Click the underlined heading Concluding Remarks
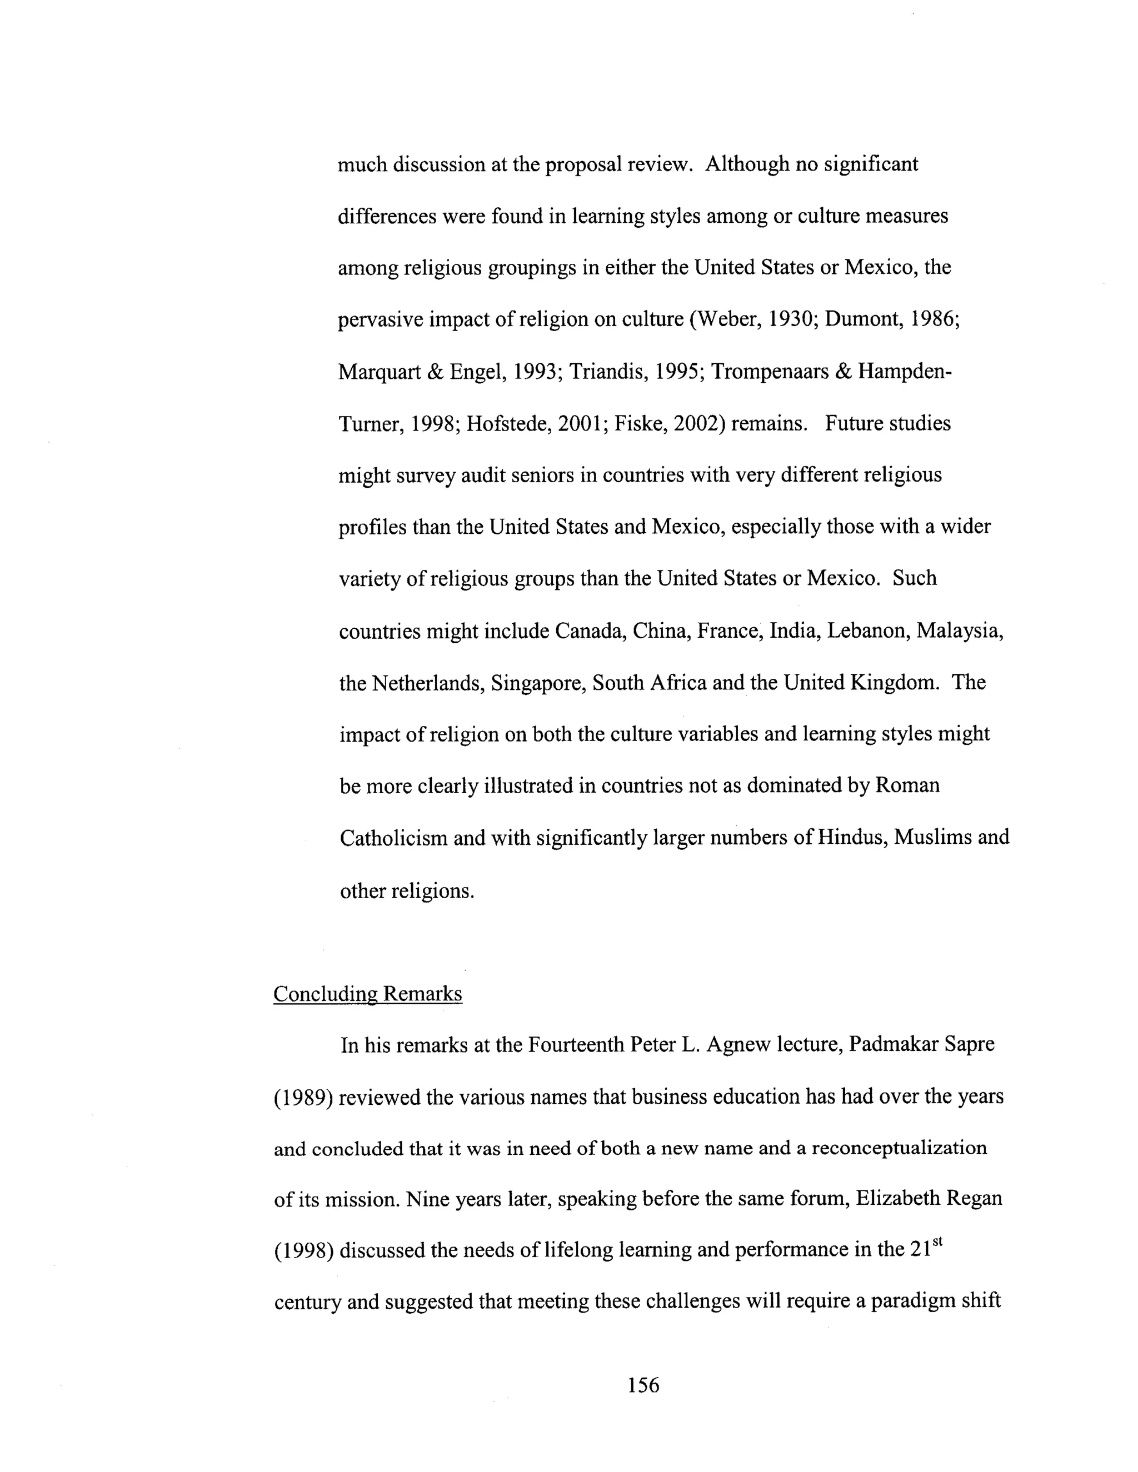pyautogui.click(x=367, y=994)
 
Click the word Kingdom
pyautogui.click(x=895, y=683)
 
